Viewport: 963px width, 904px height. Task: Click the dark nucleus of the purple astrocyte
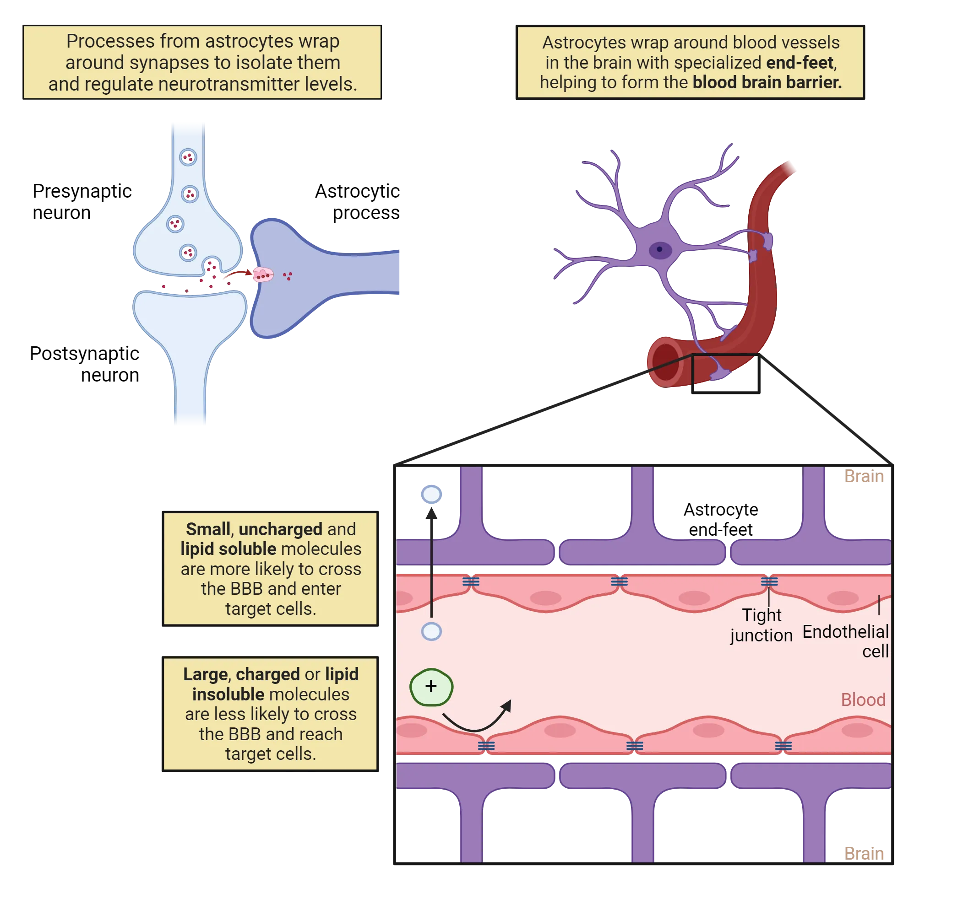tap(660, 250)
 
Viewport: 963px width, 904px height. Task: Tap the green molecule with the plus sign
tap(431, 686)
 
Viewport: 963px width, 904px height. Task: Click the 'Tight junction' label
tap(762, 625)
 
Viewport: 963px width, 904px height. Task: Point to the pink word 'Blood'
tap(863, 700)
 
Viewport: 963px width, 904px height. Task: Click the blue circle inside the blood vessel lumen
tap(431, 631)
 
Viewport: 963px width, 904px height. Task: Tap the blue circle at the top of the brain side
tap(431, 494)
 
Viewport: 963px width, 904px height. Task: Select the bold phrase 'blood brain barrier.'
tap(767, 82)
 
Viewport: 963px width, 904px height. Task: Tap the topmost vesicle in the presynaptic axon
tap(188, 157)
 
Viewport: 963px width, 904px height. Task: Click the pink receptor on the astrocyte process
tap(263, 274)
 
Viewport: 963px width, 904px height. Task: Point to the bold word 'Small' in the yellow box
tap(208, 529)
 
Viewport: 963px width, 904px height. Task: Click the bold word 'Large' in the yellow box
tap(205, 674)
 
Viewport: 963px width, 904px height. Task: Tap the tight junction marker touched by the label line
tap(769, 581)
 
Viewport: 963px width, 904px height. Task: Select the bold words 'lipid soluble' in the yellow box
tap(228, 549)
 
